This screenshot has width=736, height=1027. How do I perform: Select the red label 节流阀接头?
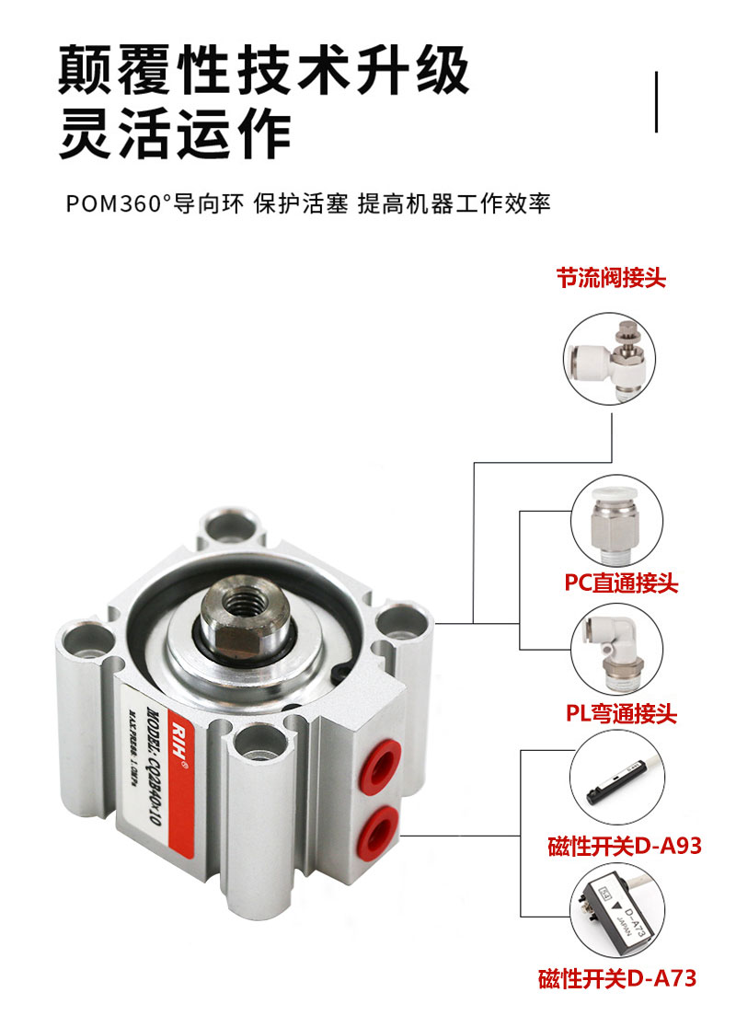click(x=611, y=278)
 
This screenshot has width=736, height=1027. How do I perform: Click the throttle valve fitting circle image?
click(x=612, y=358)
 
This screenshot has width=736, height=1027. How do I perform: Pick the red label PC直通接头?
click(x=621, y=583)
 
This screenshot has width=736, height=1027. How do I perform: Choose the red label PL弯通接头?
click(x=620, y=712)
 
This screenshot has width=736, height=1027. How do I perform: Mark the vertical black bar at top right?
click(x=657, y=101)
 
